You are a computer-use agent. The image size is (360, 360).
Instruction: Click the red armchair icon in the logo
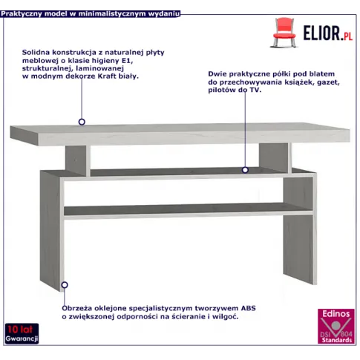tap(284, 33)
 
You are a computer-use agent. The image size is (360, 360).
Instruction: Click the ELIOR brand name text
tap(322, 33)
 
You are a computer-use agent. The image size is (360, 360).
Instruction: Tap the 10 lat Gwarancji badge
tap(22, 333)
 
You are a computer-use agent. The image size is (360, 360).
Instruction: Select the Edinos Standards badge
tap(336, 326)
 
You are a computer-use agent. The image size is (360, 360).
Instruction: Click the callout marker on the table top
tap(82, 122)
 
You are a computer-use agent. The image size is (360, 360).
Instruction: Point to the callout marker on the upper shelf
tap(245, 170)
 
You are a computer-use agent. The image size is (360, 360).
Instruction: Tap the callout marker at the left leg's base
tap(65, 285)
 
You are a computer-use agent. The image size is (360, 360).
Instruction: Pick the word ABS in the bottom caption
tap(248, 308)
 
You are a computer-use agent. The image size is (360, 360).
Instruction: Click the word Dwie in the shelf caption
tap(217, 74)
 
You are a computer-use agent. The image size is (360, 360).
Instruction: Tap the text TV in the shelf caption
tap(255, 90)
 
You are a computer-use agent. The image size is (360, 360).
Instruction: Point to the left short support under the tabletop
tap(78, 161)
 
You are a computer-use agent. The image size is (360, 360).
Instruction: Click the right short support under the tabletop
tap(275, 158)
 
